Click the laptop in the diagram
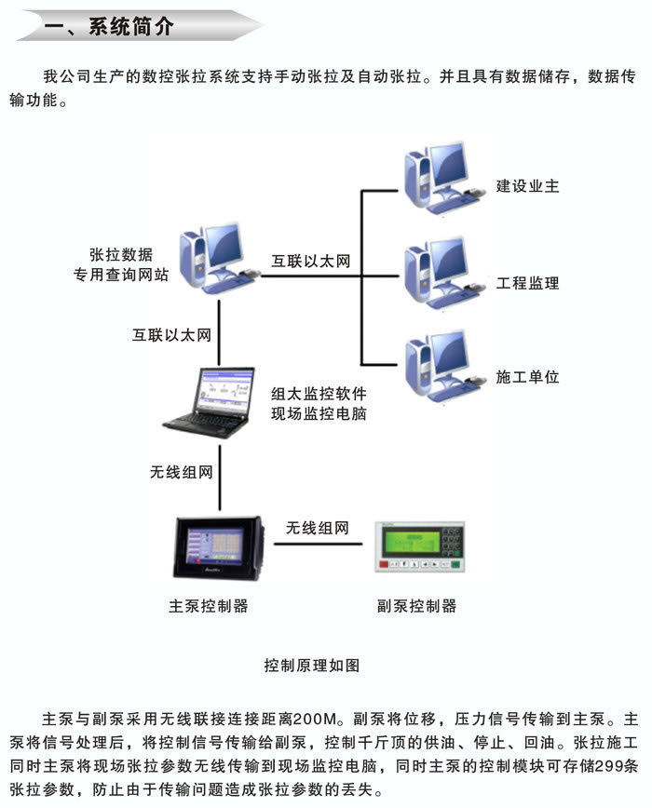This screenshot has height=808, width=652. click(x=211, y=400)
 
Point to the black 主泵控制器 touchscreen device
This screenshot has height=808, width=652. click(x=215, y=549)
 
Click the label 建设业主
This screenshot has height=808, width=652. click(x=528, y=186)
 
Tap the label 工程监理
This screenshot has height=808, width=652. click(x=528, y=282)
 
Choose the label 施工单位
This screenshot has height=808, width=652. click(x=528, y=377)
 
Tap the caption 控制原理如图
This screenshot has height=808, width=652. click(x=311, y=665)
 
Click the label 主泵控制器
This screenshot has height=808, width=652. click(x=209, y=605)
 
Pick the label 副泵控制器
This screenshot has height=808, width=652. click(x=417, y=605)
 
